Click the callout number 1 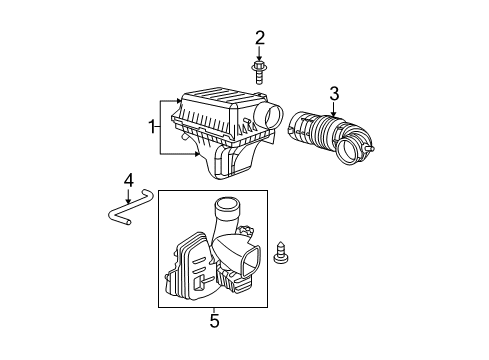click(152, 128)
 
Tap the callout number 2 click(260, 38)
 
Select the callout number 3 click(334, 93)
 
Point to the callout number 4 click(128, 181)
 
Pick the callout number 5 click(214, 321)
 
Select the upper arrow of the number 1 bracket click(177, 101)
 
